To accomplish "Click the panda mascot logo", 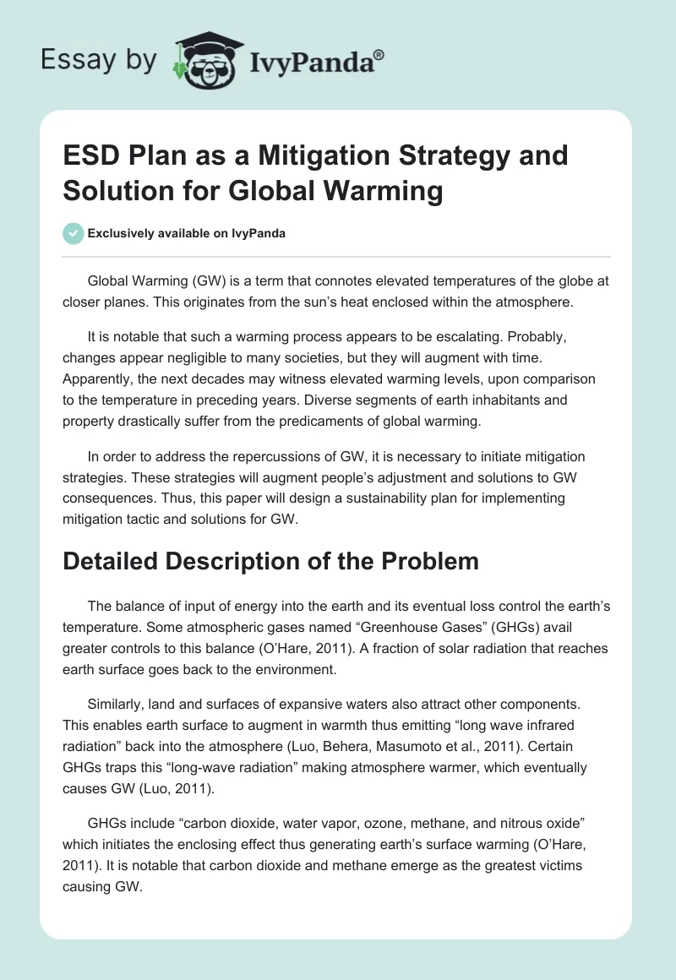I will [207, 60].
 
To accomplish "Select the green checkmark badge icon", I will [74, 233].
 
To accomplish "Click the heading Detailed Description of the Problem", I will [270, 562].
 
